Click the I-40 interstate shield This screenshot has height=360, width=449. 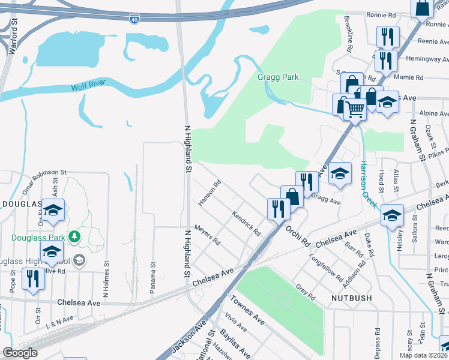tap(133, 19)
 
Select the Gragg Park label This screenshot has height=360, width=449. tap(277, 77)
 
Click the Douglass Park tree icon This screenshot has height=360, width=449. tap(74, 238)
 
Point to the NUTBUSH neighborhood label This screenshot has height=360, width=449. tap(350, 298)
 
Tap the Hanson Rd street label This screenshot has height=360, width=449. tap(210, 193)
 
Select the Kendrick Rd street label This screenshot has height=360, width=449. tap(247, 223)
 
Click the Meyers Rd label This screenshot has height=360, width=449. tap(208, 236)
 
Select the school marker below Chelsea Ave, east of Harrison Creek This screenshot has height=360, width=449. tap(391, 214)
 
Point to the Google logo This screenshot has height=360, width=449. tap(20, 353)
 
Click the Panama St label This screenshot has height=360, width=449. tap(153, 273)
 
